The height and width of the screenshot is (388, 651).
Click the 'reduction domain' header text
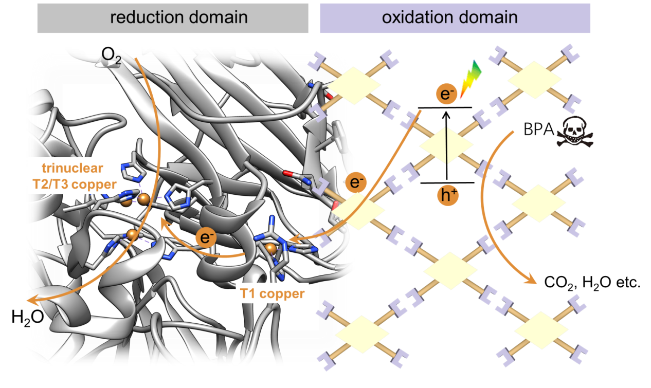pyautogui.click(x=179, y=17)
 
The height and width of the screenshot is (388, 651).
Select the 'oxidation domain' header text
pyautogui.click(x=449, y=17)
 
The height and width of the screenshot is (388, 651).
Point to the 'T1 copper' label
pyautogui.click(x=272, y=294)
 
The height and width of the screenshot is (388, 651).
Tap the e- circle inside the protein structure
pyautogui.click(x=206, y=237)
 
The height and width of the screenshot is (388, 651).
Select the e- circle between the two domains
pyautogui.click(x=355, y=182)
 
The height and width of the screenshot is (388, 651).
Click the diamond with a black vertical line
pyautogui.click(x=446, y=146)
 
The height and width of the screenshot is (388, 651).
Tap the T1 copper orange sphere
pyautogui.click(x=271, y=249)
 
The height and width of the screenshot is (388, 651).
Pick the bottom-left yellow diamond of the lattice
pyautogui.click(x=362, y=334)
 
